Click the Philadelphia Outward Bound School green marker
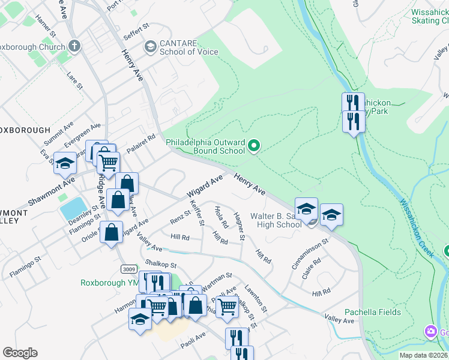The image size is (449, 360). click(x=254, y=146)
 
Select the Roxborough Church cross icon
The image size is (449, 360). click(x=74, y=46)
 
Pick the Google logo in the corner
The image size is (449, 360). click(x=20, y=353)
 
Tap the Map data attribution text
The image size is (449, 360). click(x=422, y=355)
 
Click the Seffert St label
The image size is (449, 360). click(x=136, y=31)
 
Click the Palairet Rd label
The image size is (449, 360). click(x=141, y=145)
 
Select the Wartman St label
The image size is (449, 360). click(x=217, y=278)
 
